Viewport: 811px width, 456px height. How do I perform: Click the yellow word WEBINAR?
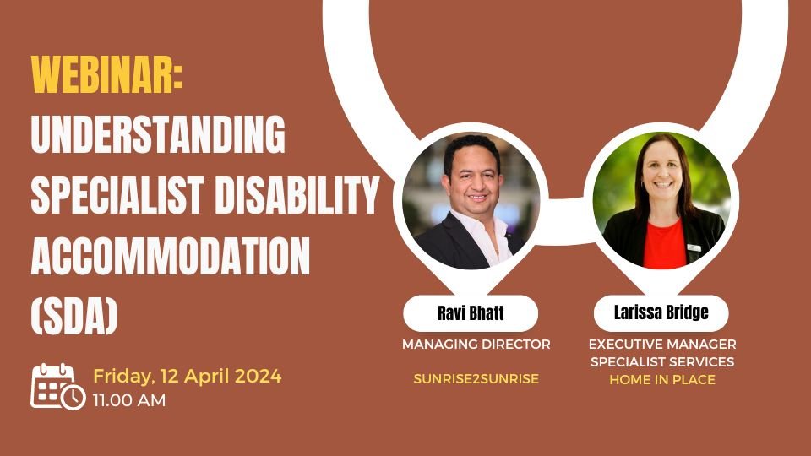(x=106, y=74)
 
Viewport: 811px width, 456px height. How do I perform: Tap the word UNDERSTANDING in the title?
(x=158, y=134)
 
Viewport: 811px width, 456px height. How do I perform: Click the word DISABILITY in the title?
(x=297, y=195)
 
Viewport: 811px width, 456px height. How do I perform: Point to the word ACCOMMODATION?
(x=170, y=255)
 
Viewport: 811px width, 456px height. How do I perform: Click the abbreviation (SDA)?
(x=74, y=316)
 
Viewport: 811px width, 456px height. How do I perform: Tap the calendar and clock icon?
(x=58, y=387)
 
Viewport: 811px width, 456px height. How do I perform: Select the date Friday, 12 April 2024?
(x=188, y=376)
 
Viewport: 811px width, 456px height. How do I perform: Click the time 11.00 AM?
(x=129, y=400)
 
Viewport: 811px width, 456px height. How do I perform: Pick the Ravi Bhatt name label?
(x=471, y=313)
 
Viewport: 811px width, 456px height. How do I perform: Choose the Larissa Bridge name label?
(x=661, y=312)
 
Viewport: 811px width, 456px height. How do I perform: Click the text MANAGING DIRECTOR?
(x=476, y=345)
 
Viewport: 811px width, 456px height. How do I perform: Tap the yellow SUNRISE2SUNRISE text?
(x=476, y=379)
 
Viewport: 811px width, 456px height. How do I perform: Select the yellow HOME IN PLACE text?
(x=662, y=379)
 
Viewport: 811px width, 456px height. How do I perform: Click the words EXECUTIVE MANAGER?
(x=662, y=345)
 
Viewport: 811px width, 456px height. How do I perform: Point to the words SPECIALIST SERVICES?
(x=662, y=362)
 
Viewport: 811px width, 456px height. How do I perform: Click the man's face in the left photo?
(x=474, y=179)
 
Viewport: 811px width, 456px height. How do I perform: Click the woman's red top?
(x=664, y=243)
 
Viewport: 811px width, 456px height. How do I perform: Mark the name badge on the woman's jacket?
(x=694, y=247)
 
